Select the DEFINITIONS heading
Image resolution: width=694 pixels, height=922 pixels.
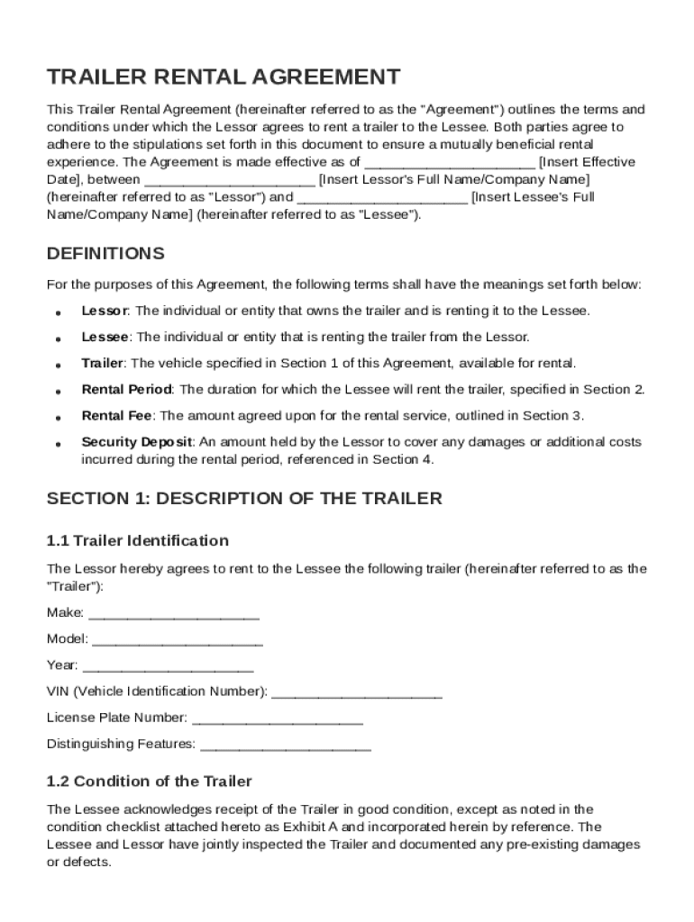coord(105,253)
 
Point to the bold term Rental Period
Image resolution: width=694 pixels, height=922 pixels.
coord(126,390)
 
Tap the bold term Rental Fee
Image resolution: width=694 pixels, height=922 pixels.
coord(117,416)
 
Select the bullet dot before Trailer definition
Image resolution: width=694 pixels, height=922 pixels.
coord(58,366)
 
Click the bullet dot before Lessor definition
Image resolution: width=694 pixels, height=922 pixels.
coord(58,313)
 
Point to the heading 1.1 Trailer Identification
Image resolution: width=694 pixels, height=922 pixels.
coord(138,540)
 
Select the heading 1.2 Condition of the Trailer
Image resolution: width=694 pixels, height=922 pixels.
coord(150,781)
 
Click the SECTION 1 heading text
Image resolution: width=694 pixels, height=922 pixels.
coord(244,498)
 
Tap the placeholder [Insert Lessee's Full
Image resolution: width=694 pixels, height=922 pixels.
coord(533,197)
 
